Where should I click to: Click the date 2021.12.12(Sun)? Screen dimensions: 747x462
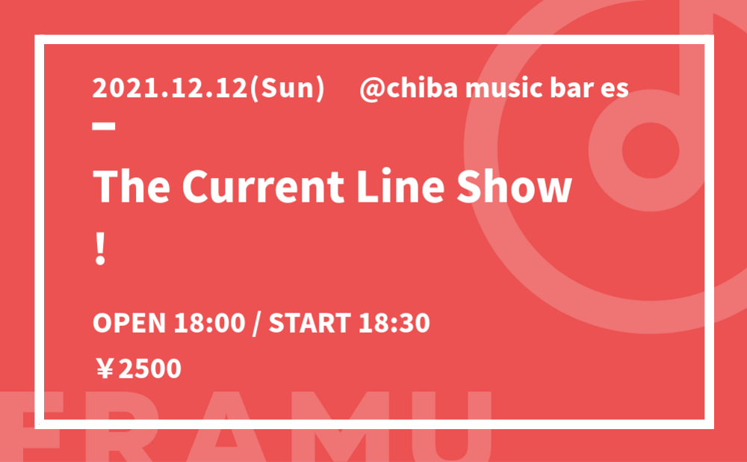(x=208, y=89)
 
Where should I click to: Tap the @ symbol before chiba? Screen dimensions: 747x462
(x=372, y=89)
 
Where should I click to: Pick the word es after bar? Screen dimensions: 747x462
(x=613, y=90)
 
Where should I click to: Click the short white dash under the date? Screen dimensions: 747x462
(x=104, y=126)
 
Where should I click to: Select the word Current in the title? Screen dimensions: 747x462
(x=264, y=186)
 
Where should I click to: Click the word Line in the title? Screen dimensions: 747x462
(x=400, y=186)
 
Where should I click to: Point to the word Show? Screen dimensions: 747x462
(x=514, y=186)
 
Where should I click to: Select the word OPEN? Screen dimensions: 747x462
(x=128, y=323)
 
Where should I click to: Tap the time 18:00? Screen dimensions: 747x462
(x=210, y=323)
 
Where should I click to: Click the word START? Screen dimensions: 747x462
(x=310, y=323)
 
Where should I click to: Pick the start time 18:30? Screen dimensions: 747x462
(x=394, y=323)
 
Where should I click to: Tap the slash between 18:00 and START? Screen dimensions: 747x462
(x=257, y=323)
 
